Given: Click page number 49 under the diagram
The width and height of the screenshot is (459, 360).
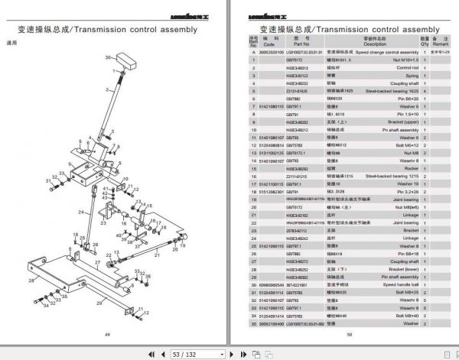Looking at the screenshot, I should pos(108,334).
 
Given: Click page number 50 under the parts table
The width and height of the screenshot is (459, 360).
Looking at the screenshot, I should pos(350,334).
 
